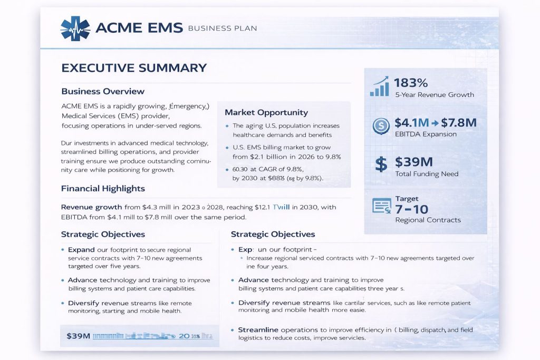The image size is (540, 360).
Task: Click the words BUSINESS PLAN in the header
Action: pyautogui.click(x=222, y=28)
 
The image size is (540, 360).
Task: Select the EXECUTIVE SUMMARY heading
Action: pyautogui.click(x=134, y=67)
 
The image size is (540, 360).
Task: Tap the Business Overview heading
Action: pyautogui.click(x=103, y=91)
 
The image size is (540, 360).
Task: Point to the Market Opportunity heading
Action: pyautogui.click(x=266, y=112)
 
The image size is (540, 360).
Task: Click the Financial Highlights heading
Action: pyautogui.click(x=103, y=188)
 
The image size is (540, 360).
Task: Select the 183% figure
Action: pyautogui.click(x=411, y=82)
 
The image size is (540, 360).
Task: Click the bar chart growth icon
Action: pyautogui.click(x=380, y=86)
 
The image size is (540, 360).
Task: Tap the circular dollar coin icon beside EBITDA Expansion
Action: pyautogui.click(x=381, y=125)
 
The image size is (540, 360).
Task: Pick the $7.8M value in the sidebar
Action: pyautogui.click(x=459, y=123)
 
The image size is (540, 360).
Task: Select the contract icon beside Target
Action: pyautogui.click(x=381, y=206)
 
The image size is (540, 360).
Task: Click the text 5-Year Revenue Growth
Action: pyautogui.click(x=434, y=95)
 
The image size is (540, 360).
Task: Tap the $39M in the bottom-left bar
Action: pyautogui.click(x=79, y=335)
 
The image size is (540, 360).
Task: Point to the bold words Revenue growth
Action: pyautogui.click(x=92, y=207)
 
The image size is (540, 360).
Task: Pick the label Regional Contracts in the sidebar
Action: pyautogui.click(x=428, y=220)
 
